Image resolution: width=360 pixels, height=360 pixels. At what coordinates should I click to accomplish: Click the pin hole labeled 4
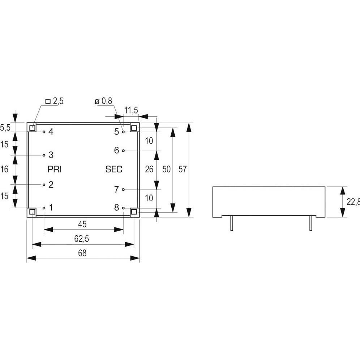tap(44, 132)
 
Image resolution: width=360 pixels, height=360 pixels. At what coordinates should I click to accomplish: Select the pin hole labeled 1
tap(44, 208)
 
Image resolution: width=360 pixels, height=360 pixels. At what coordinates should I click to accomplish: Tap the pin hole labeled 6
tap(123, 150)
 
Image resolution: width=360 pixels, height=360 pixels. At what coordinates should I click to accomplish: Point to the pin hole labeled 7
tap(123, 189)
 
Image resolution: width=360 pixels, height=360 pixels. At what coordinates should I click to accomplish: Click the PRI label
tap(54, 169)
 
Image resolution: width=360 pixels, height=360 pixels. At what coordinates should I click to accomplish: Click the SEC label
tap(113, 169)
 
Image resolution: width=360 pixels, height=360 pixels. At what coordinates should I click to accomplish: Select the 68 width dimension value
tap(82, 253)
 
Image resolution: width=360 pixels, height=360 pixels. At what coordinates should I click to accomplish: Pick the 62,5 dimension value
tap(82, 239)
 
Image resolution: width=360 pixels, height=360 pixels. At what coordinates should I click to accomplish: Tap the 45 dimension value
tap(82, 224)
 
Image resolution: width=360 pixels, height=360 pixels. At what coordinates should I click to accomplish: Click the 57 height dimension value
tap(183, 169)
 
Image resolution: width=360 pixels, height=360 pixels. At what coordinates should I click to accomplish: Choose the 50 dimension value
tap(166, 169)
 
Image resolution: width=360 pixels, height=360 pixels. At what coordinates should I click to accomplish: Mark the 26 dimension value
tap(149, 169)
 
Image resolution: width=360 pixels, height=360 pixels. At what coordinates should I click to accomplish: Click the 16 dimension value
tap(4, 169)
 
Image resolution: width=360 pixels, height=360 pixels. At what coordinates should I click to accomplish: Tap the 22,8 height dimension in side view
tap(353, 202)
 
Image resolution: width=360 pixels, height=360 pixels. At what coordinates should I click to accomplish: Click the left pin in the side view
tap(232, 224)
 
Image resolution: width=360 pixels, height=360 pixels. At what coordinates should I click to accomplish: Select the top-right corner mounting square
tap(134, 128)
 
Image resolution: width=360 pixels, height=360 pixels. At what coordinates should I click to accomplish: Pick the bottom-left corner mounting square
tap(32, 211)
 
